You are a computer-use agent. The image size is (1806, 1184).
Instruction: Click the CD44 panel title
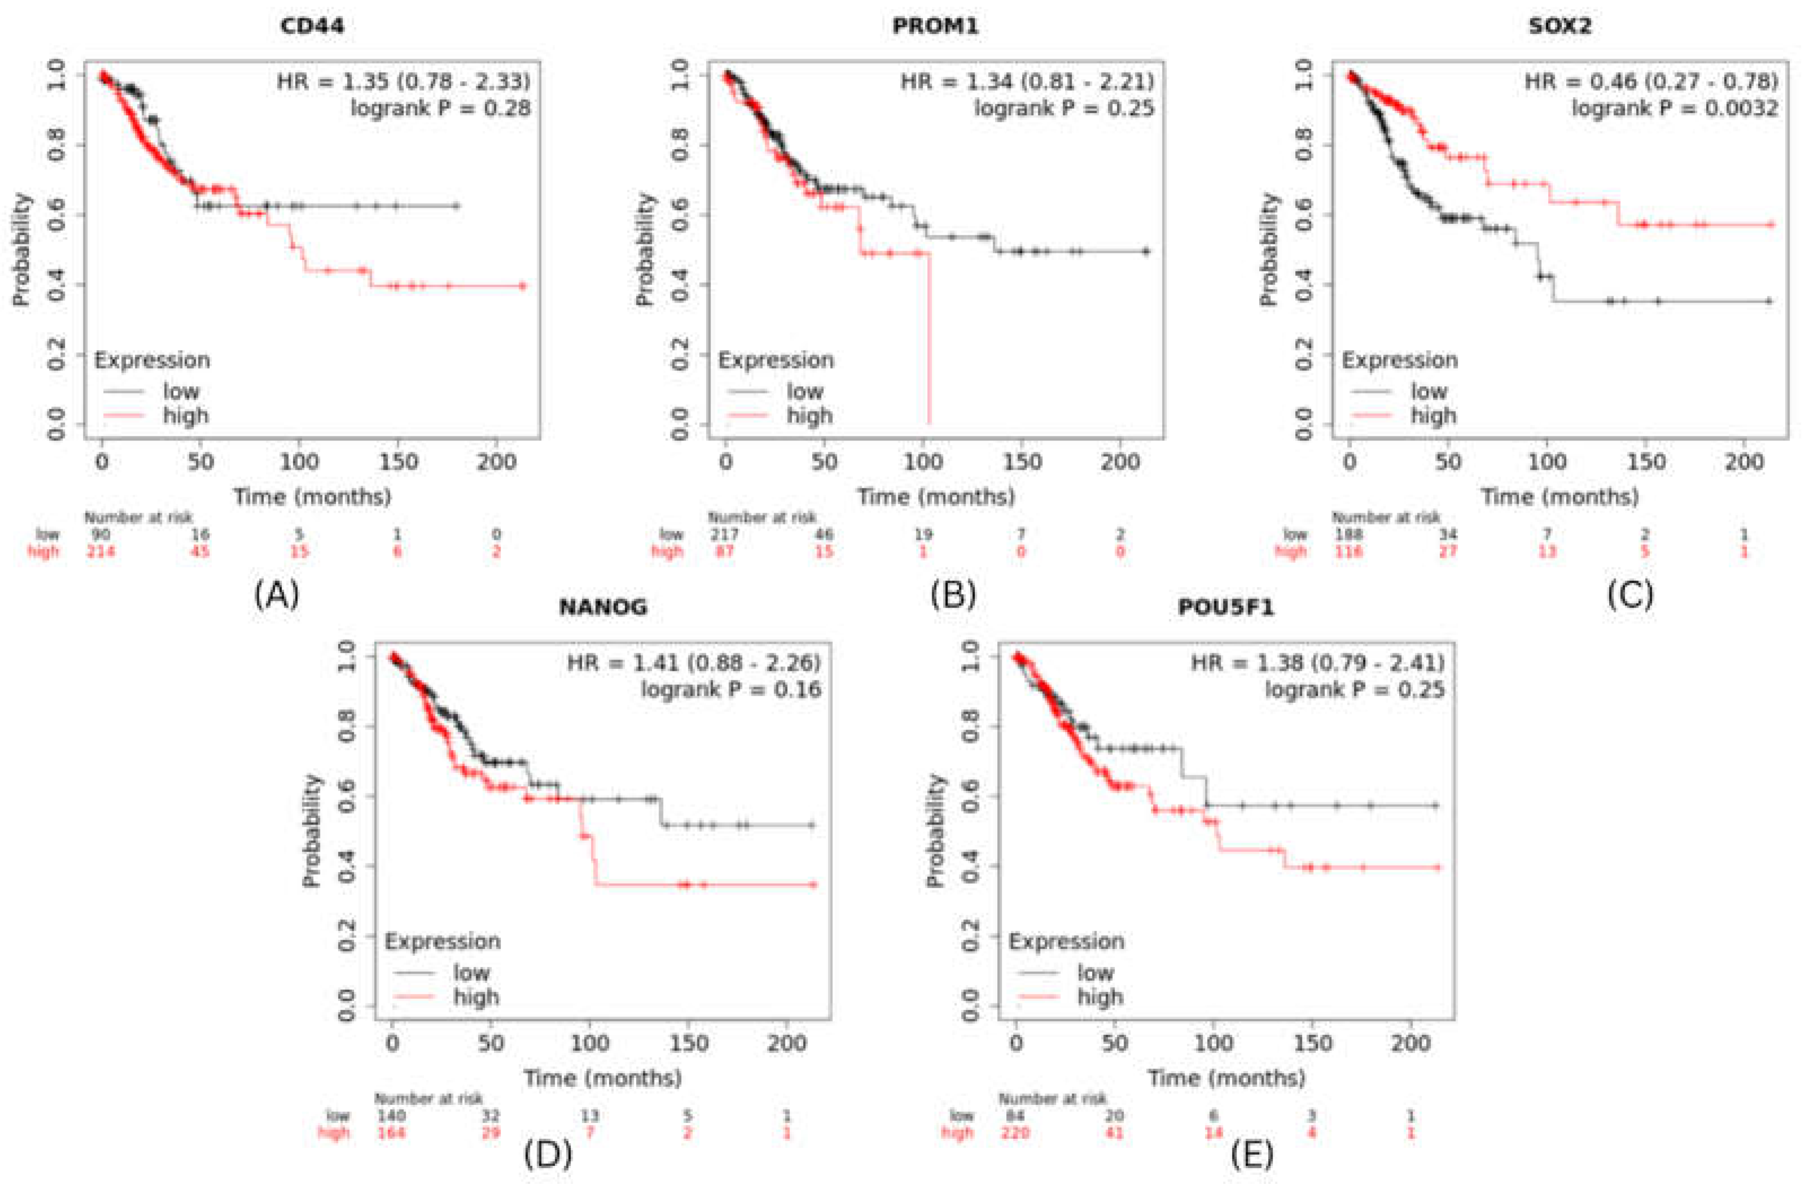point(312,26)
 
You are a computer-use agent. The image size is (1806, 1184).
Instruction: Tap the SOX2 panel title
point(1559,26)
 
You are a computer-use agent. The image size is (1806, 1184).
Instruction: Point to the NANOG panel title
point(603,607)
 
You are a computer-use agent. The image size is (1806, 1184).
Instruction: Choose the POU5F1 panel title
point(1226,607)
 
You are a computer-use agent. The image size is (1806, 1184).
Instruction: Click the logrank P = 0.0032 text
point(1674,108)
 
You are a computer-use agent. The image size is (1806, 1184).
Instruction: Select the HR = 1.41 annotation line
point(694,663)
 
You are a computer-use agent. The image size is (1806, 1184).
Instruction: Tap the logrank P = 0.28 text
point(440,108)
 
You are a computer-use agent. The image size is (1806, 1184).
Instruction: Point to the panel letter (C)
point(1630,595)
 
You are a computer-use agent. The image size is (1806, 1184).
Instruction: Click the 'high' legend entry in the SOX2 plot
point(1432,416)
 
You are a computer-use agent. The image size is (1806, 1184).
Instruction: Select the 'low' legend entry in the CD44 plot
point(181,392)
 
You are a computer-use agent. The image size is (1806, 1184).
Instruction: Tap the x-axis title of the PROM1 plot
point(936,497)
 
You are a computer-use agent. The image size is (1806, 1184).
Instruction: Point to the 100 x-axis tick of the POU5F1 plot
point(1213,1043)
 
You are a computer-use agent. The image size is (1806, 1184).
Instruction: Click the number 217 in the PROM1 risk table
point(725,534)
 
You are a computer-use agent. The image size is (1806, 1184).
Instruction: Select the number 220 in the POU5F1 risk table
point(1015,1133)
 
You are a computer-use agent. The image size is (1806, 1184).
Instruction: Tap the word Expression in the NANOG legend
point(442,941)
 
